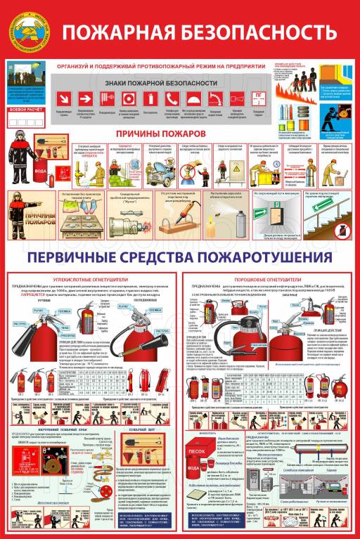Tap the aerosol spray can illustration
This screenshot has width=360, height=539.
[243, 219]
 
